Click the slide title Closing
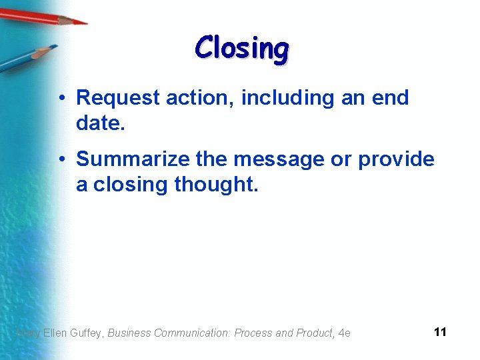[242, 49]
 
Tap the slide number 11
[439, 332]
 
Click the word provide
[396, 160]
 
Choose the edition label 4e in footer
[344, 333]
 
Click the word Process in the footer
[255, 333]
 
